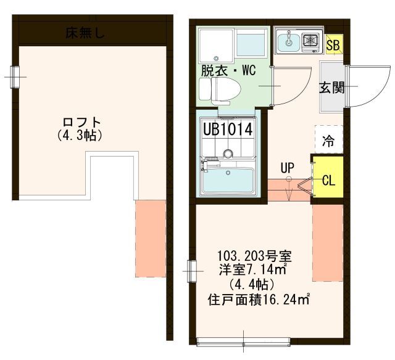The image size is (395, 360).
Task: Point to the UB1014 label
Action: click(228, 130)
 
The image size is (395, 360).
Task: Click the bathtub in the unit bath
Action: click(228, 181)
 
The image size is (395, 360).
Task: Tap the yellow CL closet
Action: click(328, 177)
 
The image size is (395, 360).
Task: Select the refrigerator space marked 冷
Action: click(329, 139)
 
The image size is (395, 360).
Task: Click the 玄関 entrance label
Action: click(331, 88)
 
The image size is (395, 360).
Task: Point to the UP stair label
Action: click(288, 168)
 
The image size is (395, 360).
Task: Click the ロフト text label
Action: click(82, 123)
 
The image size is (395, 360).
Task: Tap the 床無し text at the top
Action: click(85, 33)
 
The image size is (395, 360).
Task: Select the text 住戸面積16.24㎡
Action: click(259, 300)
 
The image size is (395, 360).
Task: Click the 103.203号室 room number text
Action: click(254, 256)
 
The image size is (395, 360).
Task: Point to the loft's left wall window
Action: click(15, 77)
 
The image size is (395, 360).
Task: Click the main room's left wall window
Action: click(192, 271)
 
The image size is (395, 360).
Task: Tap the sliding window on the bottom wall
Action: click(243, 342)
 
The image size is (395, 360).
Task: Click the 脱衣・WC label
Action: click(228, 70)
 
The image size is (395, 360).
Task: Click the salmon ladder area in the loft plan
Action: click(151, 239)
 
